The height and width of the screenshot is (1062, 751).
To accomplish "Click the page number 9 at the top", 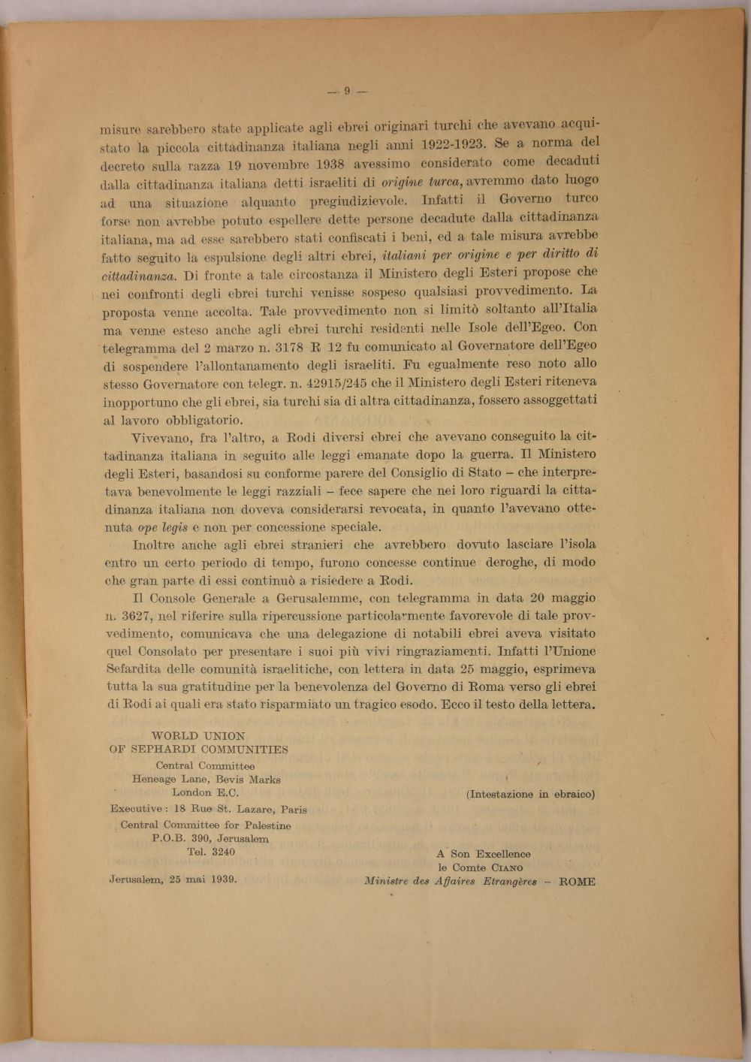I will tap(347, 92).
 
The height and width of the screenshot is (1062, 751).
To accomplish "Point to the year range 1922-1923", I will tap(442, 144).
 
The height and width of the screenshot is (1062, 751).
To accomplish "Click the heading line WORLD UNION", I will tap(198, 736).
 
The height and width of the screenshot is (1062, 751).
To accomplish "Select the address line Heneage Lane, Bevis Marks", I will tap(206, 780).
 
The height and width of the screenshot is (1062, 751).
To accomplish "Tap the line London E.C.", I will tap(205, 792).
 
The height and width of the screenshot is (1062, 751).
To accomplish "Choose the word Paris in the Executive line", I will tap(291, 810).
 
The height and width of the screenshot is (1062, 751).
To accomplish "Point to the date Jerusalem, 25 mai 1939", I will tap(173, 879).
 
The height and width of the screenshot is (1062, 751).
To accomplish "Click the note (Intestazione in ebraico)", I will tap(530, 794).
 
